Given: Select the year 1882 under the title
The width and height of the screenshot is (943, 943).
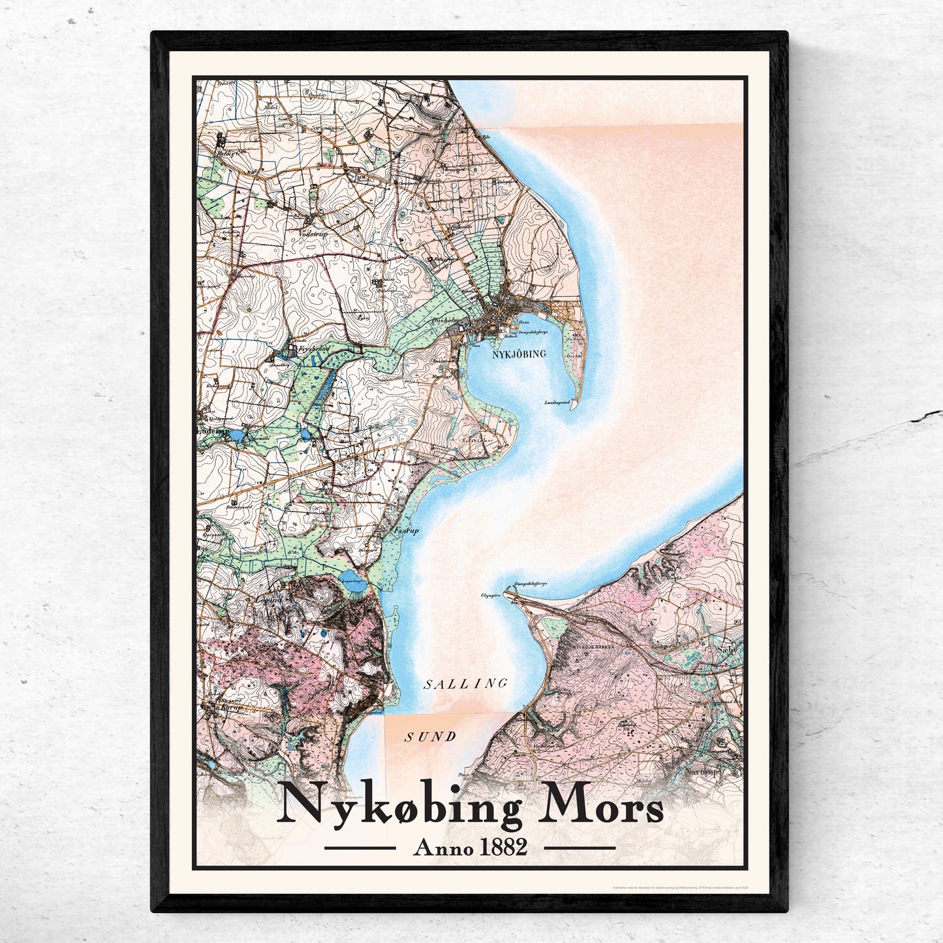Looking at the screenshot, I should [502, 848].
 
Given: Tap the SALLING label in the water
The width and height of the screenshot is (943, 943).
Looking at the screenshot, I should [465, 684].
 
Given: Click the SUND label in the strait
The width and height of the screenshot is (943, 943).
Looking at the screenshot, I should [430, 737].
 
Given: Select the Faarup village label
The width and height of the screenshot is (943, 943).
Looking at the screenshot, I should [406, 531].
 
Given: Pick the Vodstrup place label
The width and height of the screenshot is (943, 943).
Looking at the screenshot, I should [311, 233].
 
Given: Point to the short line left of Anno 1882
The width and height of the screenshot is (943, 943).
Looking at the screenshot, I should [360, 848].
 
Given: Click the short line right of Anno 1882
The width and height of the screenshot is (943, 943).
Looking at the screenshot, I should [580, 848].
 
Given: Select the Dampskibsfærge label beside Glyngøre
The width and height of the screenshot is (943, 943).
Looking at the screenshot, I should [531, 584].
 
